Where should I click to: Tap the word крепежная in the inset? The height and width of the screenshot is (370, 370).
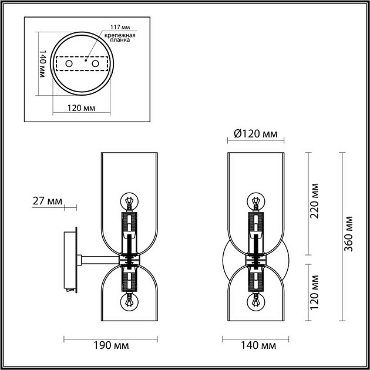point(120,36)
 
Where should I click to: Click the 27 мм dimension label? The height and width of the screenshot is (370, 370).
point(47,201)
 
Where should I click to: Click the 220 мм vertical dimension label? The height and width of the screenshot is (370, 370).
point(315,203)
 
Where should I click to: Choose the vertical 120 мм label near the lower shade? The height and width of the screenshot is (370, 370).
point(315,292)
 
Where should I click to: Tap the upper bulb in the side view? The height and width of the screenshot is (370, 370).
point(129,201)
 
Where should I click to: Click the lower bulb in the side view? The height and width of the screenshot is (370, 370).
point(129,302)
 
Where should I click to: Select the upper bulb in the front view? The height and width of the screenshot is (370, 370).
point(255,201)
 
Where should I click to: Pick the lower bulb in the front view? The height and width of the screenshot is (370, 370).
point(255,302)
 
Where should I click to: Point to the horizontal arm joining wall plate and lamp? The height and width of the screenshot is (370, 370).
point(100,258)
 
